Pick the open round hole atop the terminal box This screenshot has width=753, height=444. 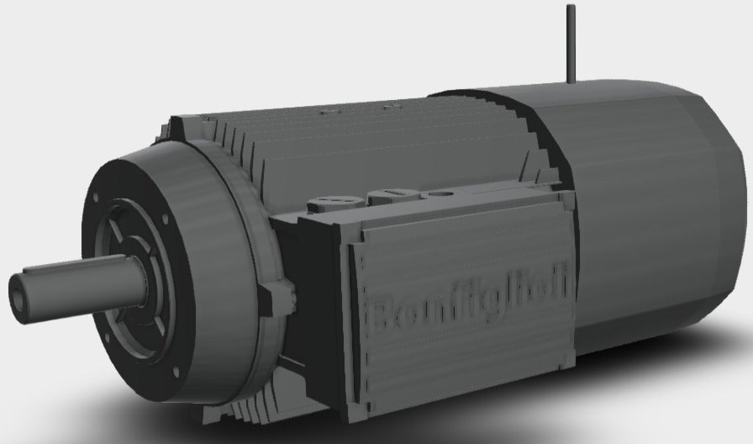tap(436, 193)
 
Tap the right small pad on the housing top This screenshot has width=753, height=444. tap(389, 107)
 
